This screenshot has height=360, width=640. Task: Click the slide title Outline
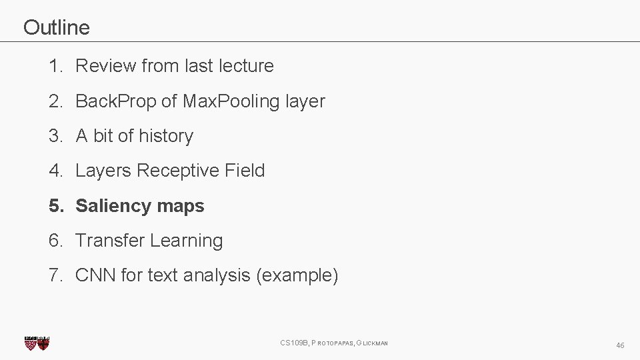point(56,27)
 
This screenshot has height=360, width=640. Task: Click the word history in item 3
point(167,136)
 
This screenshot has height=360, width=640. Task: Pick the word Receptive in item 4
point(178,171)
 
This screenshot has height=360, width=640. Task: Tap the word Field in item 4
point(245,171)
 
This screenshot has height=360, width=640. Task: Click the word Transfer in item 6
point(110,241)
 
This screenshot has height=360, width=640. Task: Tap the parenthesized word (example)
point(297,275)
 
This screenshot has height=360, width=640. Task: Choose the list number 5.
point(53,206)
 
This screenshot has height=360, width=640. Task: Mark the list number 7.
point(53,275)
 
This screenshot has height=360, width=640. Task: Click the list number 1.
point(53,66)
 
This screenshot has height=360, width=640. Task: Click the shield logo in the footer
point(37,343)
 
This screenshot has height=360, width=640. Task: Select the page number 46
point(620,345)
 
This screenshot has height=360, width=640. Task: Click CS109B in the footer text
point(294,343)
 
